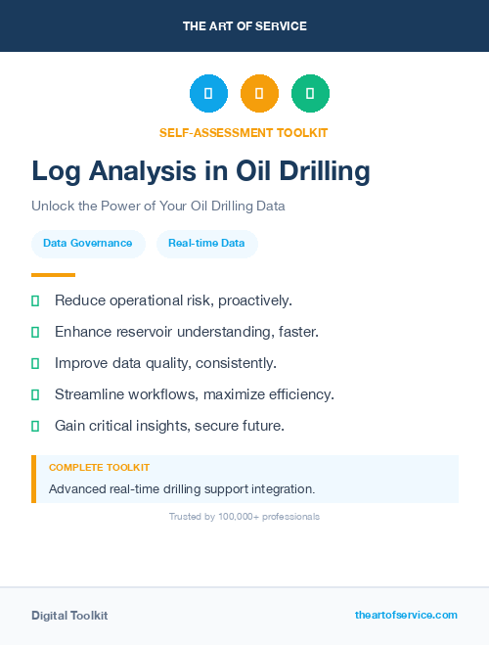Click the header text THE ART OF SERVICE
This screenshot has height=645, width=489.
[244, 26]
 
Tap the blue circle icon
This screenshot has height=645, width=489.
[208, 94]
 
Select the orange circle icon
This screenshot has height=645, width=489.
[259, 94]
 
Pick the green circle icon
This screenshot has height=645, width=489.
[310, 94]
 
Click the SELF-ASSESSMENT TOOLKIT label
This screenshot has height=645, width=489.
[244, 132]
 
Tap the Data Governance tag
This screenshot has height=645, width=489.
[87, 243]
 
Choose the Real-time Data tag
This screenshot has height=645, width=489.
[206, 243]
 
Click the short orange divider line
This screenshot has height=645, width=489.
[53, 275]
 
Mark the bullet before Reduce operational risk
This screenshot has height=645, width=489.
[35, 300]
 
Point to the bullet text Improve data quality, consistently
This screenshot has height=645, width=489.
[165, 363]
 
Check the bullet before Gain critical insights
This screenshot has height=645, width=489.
[35, 426]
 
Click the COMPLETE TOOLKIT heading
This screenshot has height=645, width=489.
[99, 468]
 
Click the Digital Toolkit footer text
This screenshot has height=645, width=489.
[69, 616]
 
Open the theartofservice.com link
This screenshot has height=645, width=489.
[406, 615]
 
